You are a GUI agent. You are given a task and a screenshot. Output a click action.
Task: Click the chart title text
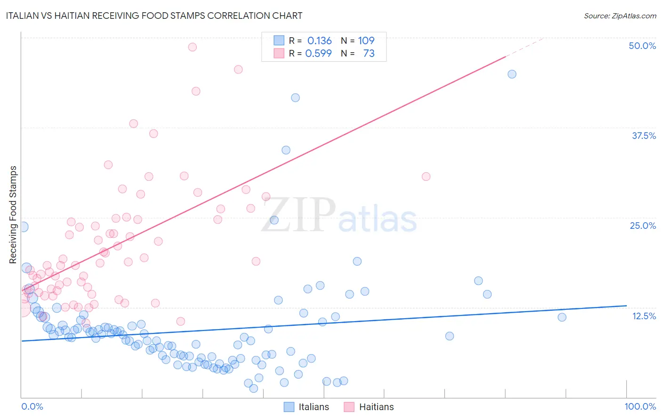(154, 16)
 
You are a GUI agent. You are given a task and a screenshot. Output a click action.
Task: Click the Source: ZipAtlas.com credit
(620, 16)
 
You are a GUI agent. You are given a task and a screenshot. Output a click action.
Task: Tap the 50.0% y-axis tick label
(642, 46)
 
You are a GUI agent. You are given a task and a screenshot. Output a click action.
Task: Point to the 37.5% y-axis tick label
(644, 136)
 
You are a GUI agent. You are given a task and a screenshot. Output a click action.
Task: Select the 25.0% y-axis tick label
(643, 226)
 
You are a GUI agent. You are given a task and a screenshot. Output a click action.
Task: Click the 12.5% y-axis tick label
(644, 316)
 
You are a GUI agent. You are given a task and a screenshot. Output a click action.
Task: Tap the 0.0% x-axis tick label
(32, 406)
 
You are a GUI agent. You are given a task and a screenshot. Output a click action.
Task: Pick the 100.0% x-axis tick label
(640, 406)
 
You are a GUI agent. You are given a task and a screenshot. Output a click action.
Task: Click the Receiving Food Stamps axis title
(13, 215)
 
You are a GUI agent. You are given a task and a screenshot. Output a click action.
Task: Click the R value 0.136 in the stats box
(319, 41)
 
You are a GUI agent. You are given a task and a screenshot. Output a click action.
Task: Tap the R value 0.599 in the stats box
(318, 53)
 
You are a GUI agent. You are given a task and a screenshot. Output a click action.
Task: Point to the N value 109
(366, 41)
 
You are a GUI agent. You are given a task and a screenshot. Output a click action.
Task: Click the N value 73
(369, 53)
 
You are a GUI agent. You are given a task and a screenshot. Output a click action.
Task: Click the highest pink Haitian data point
(192, 47)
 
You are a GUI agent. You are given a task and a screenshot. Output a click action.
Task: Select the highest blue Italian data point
(512, 74)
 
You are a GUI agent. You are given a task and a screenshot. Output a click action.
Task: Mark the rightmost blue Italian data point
(562, 317)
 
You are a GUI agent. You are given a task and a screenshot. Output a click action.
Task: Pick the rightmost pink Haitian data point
(426, 177)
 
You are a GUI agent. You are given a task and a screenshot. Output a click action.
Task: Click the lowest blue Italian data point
(253, 388)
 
